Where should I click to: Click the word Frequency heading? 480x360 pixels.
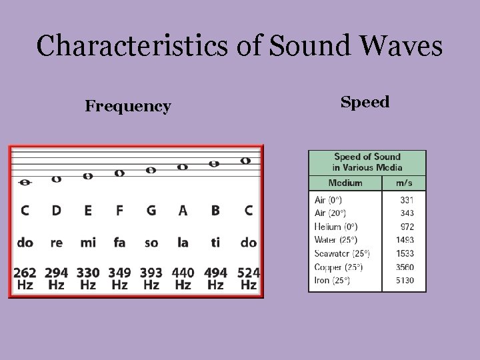pyautogui.click(x=128, y=106)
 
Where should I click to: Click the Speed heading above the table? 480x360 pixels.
pyautogui.click(x=365, y=102)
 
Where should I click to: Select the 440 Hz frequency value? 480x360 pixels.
pyautogui.click(x=183, y=273)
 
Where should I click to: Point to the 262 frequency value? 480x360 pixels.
pyautogui.click(x=25, y=273)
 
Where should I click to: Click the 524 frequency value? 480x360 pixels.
pyautogui.click(x=248, y=273)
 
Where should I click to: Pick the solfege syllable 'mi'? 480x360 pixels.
pyautogui.click(x=88, y=243)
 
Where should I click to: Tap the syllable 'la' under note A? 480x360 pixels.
pyautogui.click(x=183, y=243)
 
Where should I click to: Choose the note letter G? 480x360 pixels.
pyautogui.click(x=151, y=211)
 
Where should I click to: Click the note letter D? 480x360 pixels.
pyautogui.click(x=57, y=211)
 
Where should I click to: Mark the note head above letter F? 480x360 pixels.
pyautogui.click(x=119, y=173)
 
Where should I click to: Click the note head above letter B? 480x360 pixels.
pyautogui.click(x=214, y=163)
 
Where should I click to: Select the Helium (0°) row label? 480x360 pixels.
pyautogui.click(x=335, y=227)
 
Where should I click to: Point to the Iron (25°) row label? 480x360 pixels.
pyautogui.click(x=332, y=280)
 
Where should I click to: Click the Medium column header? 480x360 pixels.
pyautogui.click(x=345, y=183)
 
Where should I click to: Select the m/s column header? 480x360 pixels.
pyautogui.click(x=404, y=183)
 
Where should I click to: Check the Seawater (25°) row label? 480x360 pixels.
pyautogui.click(x=341, y=253)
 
